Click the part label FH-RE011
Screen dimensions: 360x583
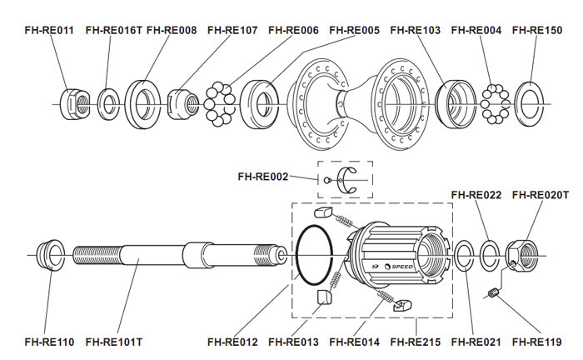[x=48, y=30]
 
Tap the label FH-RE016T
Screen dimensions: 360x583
[x=115, y=30]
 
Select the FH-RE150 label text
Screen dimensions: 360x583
[x=537, y=30]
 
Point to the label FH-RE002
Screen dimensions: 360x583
[x=263, y=177]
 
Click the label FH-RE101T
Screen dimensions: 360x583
[x=115, y=342]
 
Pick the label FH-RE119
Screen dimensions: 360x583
[x=537, y=342]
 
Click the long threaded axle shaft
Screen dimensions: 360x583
[x=167, y=251]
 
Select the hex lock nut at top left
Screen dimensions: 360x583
[x=73, y=102]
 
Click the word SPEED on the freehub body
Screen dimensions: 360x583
[x=402, y=267]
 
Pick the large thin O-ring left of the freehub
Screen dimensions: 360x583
[x=314, y=252]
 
